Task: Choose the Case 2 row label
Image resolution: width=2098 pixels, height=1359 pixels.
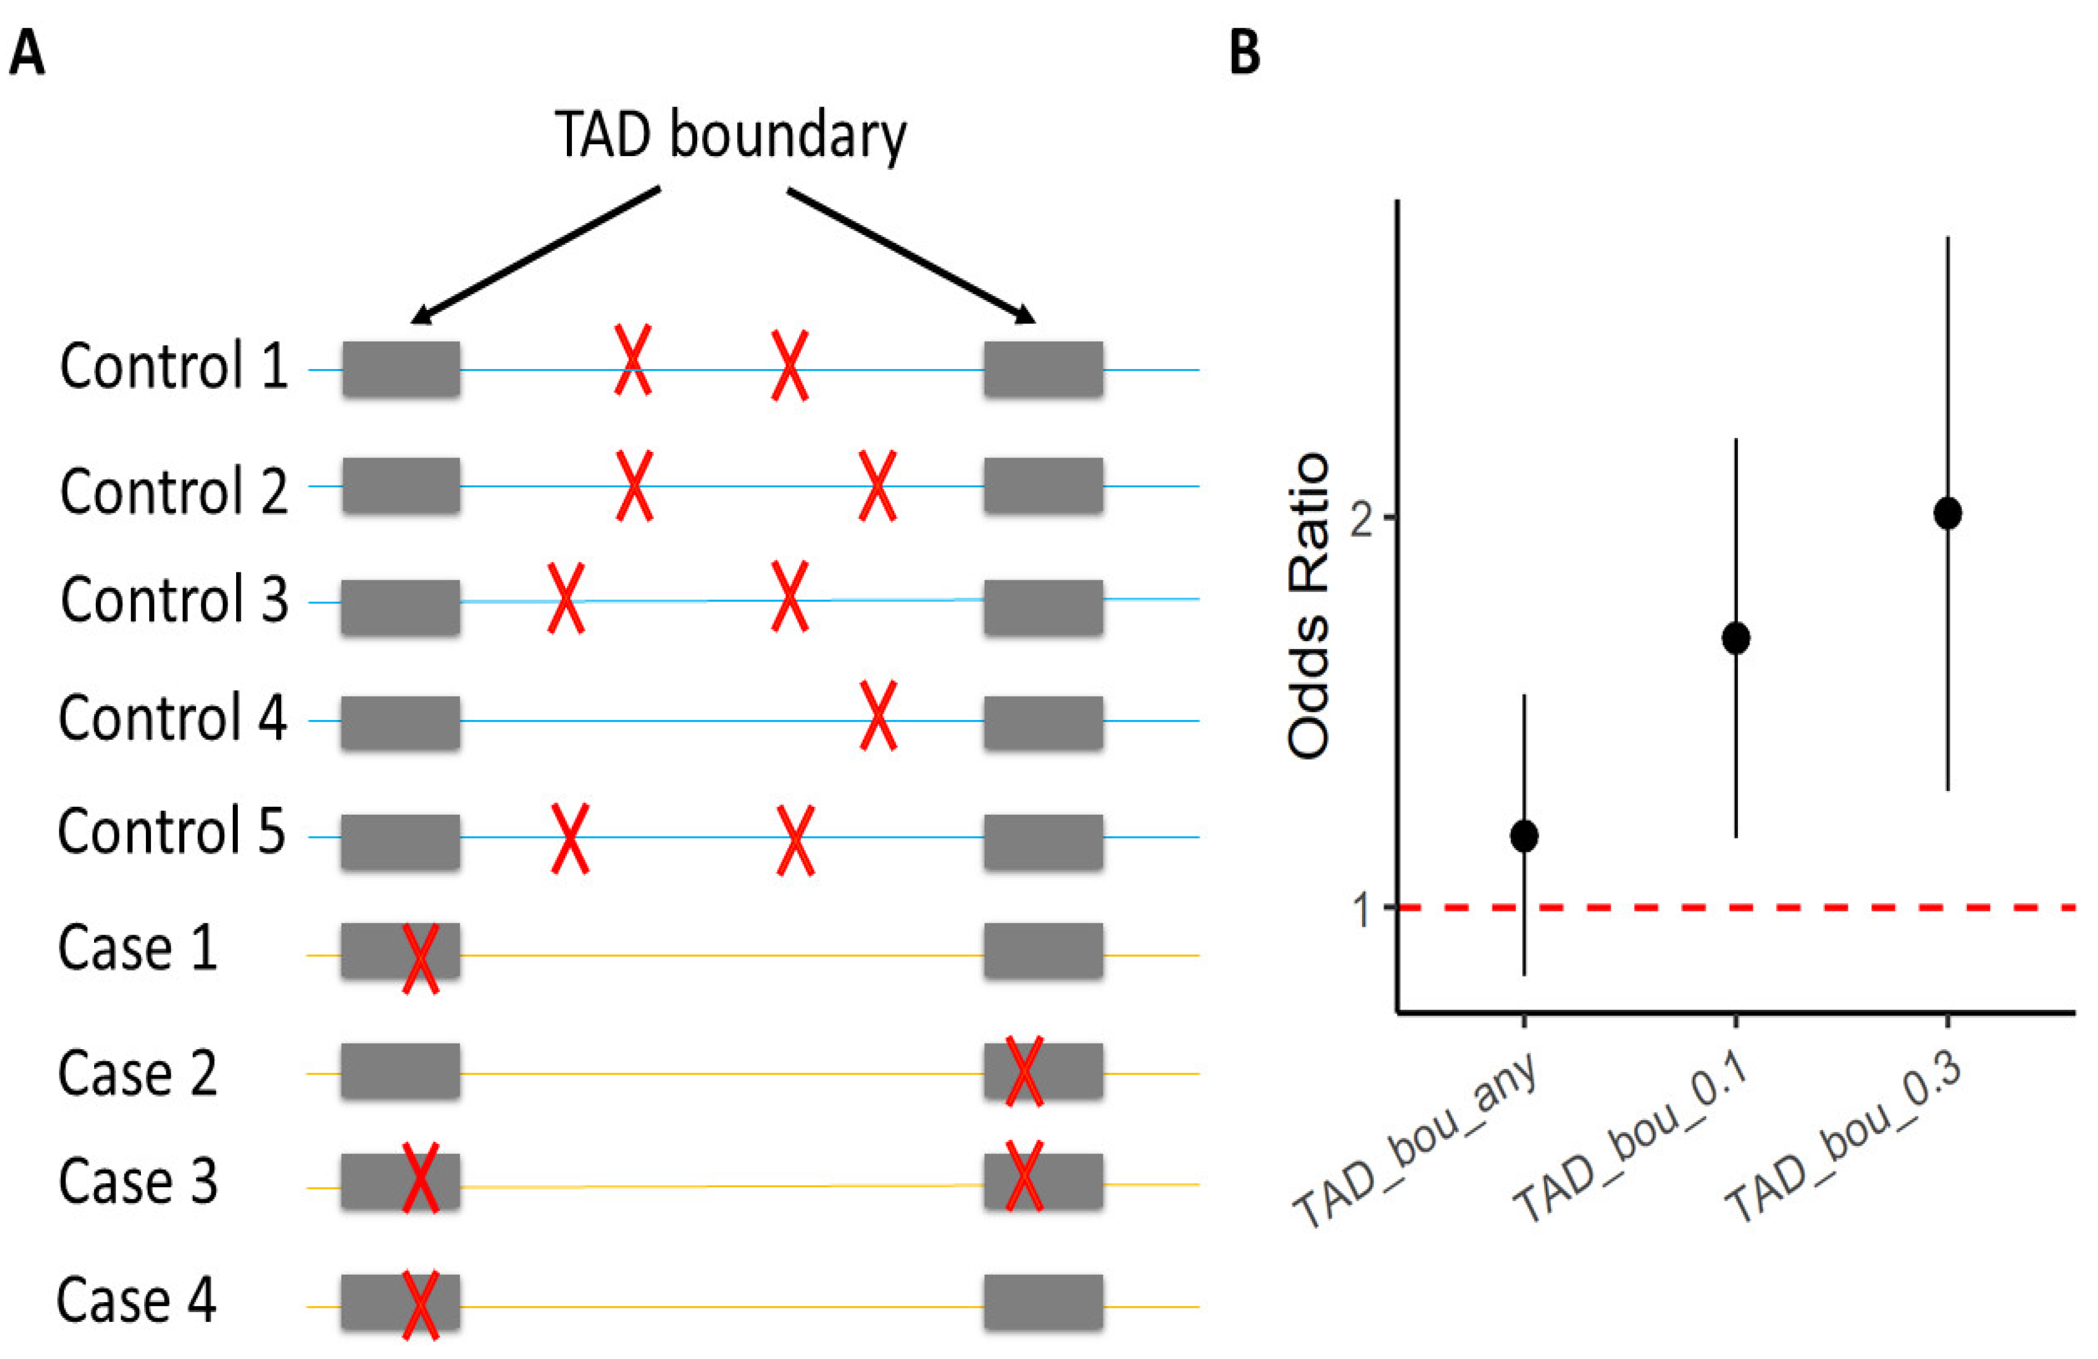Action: coord(137,1073)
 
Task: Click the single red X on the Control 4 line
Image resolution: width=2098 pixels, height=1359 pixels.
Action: coord(878,715)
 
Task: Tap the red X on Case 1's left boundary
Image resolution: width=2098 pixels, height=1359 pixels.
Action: coord(420,959)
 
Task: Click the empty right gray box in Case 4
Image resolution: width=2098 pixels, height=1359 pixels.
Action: coord(1043,1301)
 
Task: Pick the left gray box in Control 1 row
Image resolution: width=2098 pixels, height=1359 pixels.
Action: coord(401,369)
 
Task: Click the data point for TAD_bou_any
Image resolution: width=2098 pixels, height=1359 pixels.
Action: coord(1524,836)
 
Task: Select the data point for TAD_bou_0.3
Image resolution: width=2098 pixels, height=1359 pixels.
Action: coord(1948,513)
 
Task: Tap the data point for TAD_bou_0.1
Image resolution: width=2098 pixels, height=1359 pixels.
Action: coord(1736,638)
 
